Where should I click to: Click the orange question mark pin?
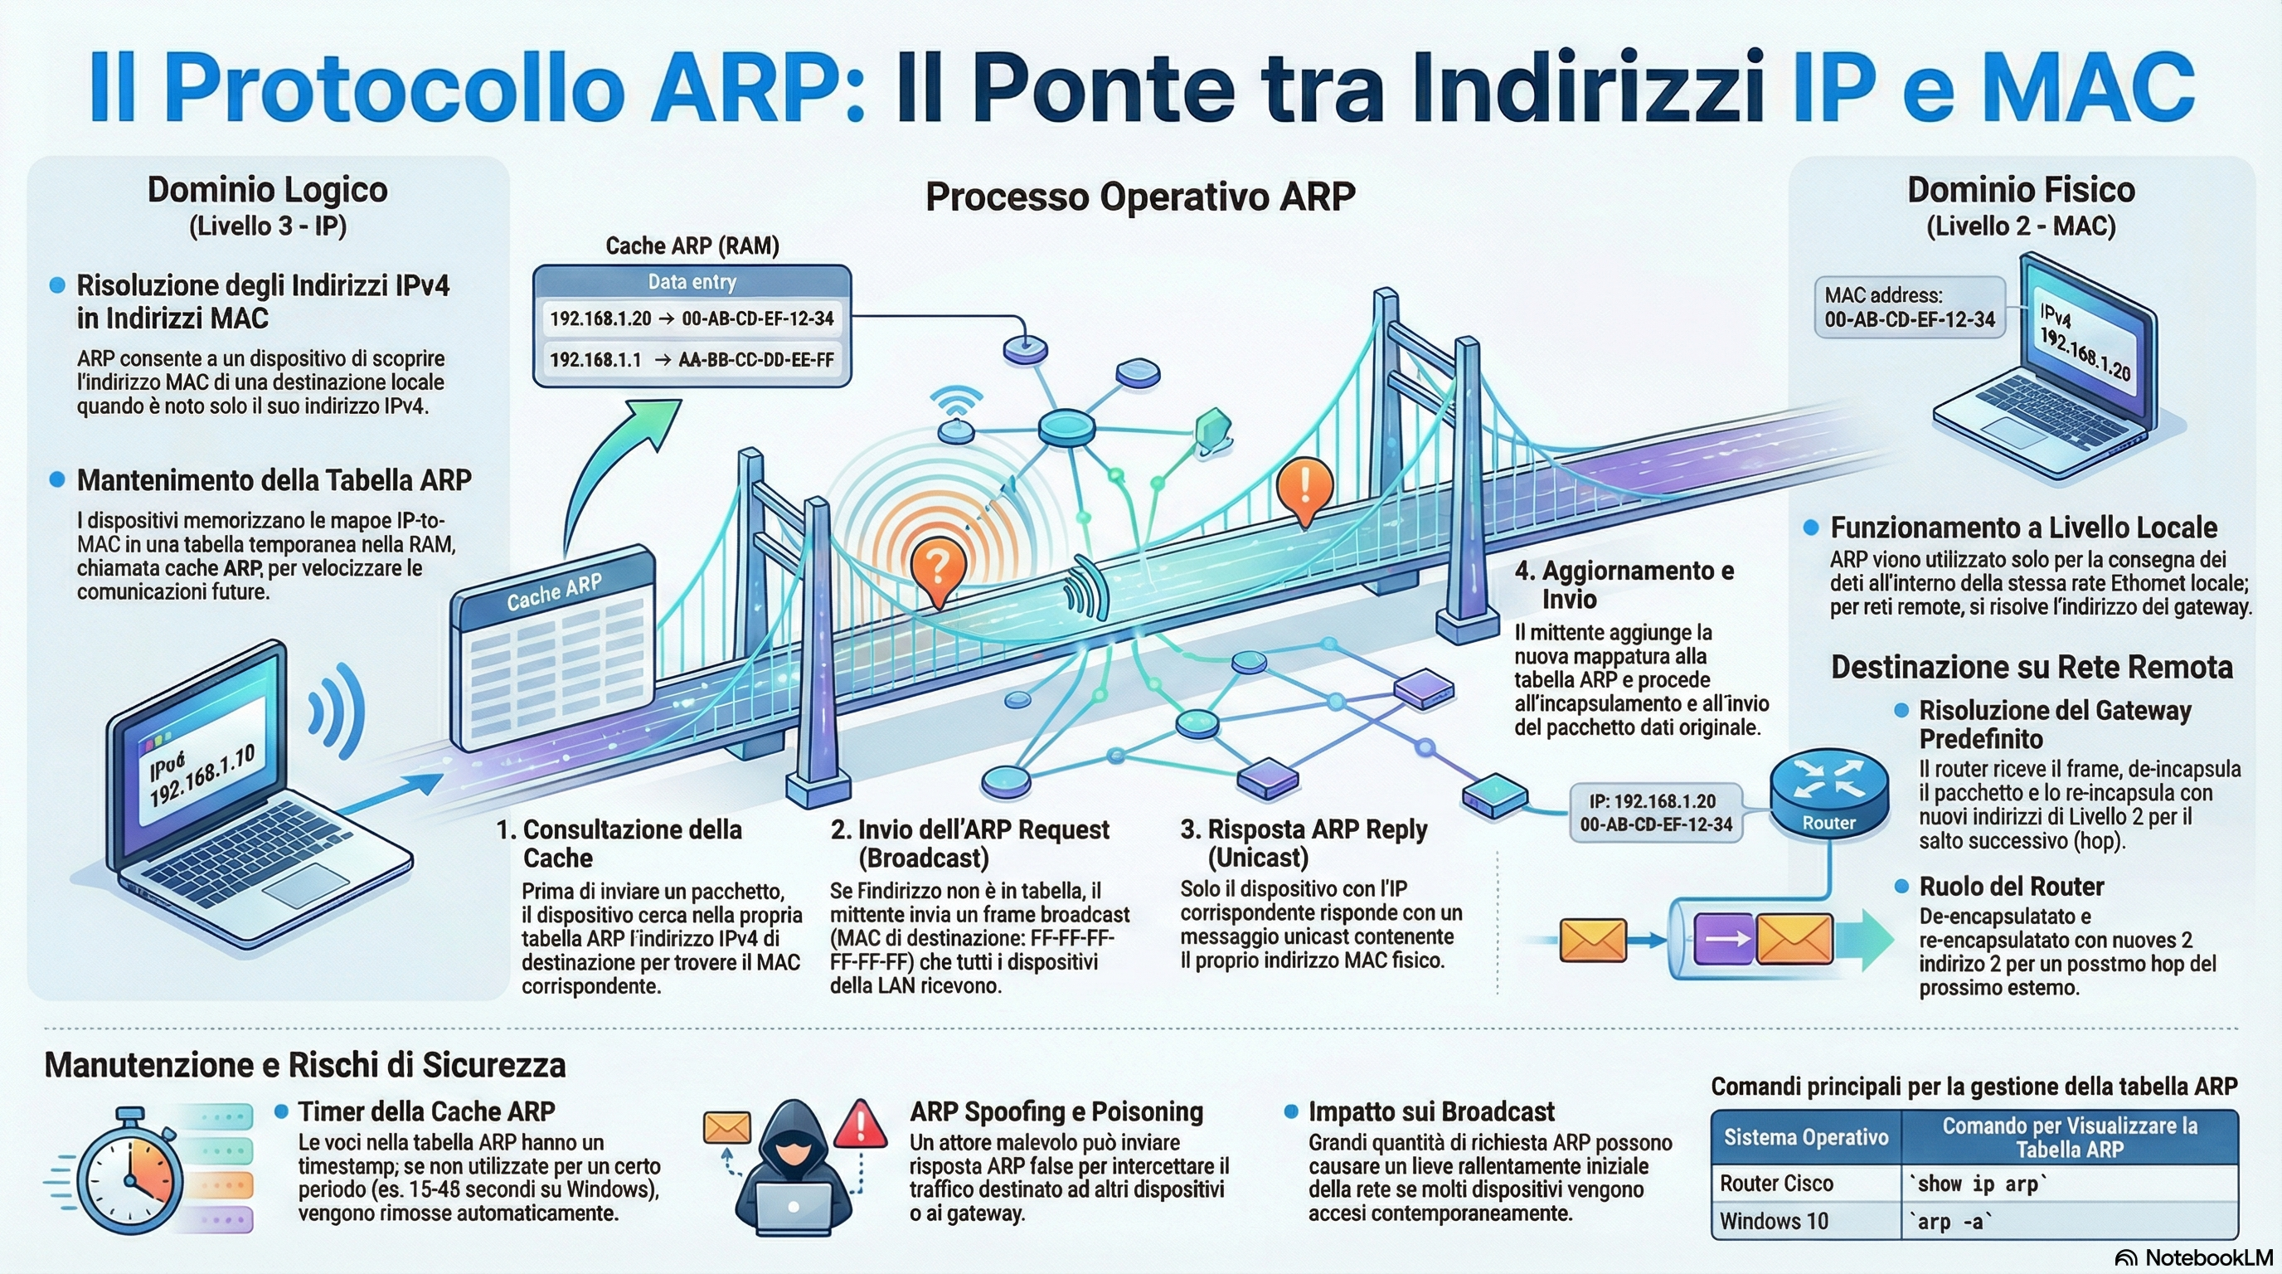coord(937,567)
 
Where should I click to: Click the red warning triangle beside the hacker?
coord(859,1126)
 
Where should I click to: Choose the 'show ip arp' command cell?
coord(1977,1184)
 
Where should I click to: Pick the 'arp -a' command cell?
coord(1949,1222)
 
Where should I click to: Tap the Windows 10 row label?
coord(1774,1222)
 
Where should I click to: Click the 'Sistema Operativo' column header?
coord(1805,1138)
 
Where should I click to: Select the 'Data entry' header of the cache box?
coord(692,283)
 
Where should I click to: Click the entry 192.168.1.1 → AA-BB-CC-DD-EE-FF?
coord(692,360)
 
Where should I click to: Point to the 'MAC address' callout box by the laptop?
coord(1909,308)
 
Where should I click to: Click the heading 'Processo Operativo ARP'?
coord(1140,197)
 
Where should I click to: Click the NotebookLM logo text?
coord(2208,1258)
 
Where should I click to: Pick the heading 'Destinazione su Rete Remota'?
coord(2032,667)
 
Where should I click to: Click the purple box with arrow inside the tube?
coord(1723,939)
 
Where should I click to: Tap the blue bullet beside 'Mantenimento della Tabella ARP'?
coord(57,479)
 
